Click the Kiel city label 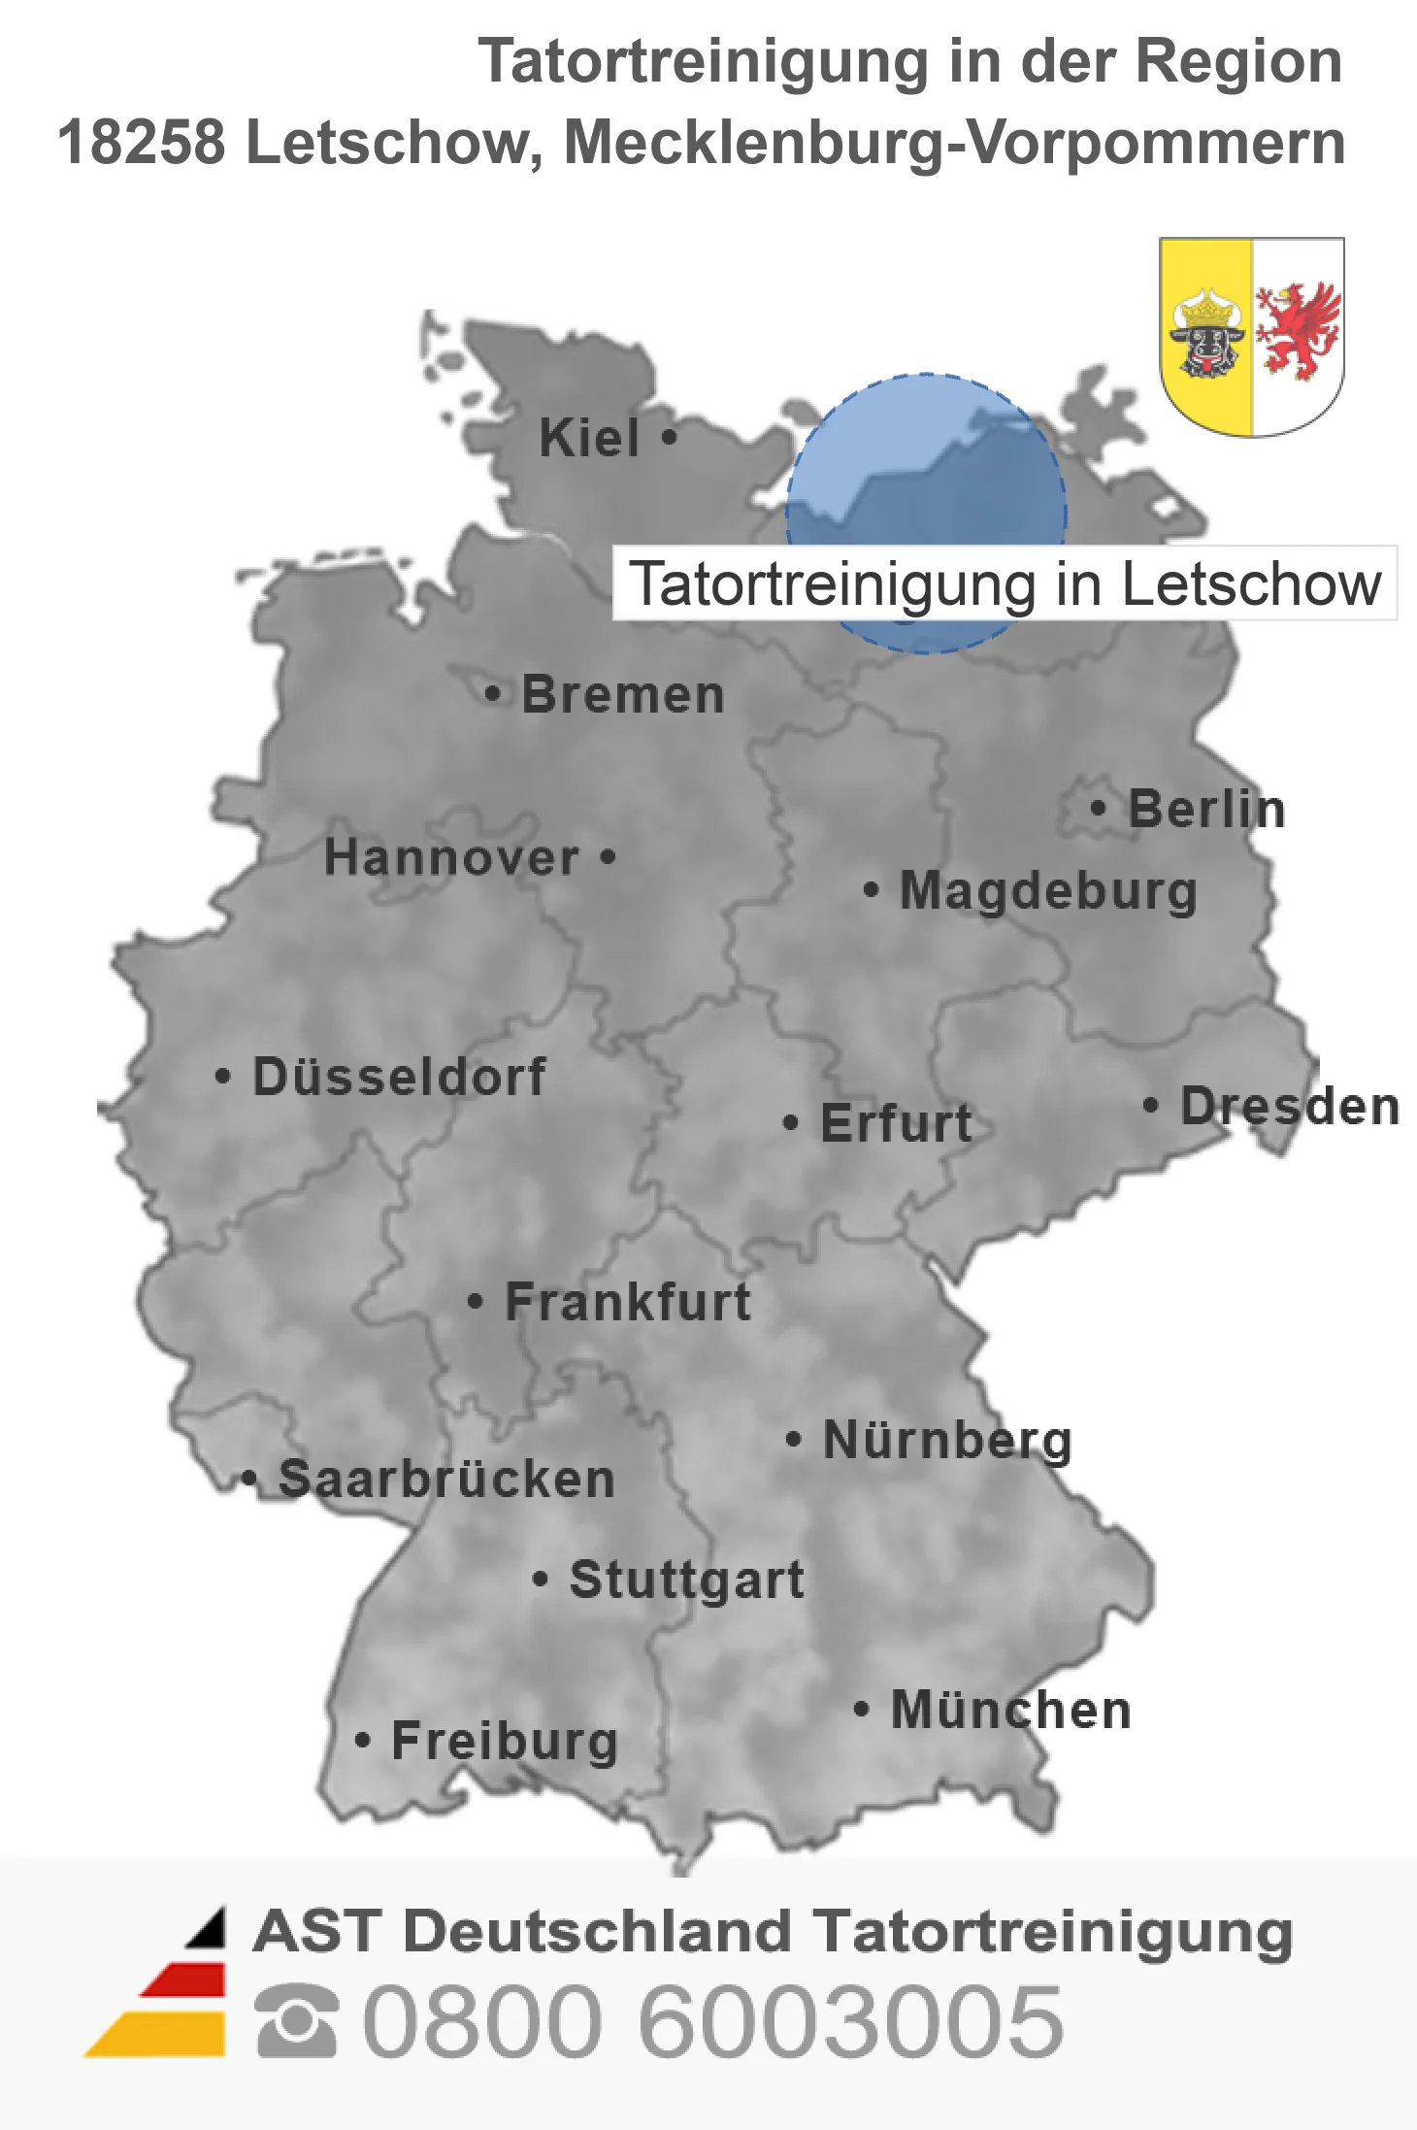point(589,438)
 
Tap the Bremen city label point(623,695)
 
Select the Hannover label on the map point(451,858)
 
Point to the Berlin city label point(1206,810)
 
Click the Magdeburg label point(1048,891)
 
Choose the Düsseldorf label point(399,1077)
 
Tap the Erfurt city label point(896,1123)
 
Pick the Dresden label point(1290,1107)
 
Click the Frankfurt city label point(628,1302)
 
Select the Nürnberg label point(947,1440)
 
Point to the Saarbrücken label point(446,1480)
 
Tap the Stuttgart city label point(686,1580)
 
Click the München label point(1011,1710)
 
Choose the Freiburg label point(505,1742)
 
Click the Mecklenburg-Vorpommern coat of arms point(1251,336)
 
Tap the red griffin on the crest point(1298,331)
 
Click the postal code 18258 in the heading point(142,143)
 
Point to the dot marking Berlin point(1098,808)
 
